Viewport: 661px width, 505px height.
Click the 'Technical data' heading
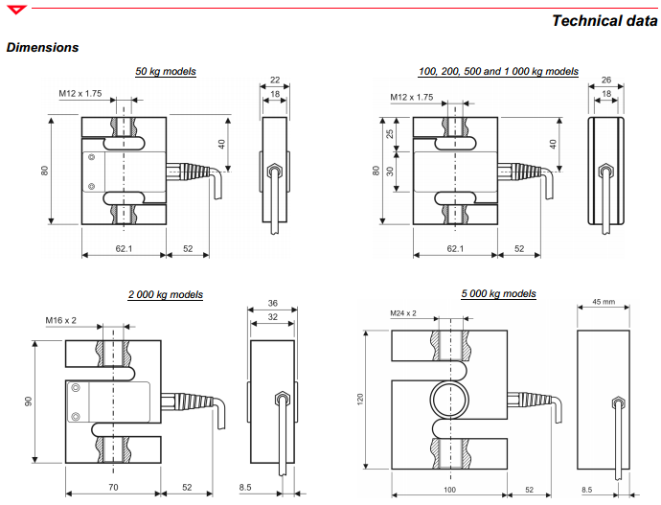pos(604,21)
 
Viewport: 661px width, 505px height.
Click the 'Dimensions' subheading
pos(42,47)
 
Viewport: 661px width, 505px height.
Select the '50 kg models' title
pos(166,71)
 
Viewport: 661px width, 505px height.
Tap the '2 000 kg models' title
pos(165,294)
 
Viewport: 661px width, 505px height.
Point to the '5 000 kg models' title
pos(498,293)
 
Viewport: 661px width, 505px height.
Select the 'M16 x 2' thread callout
pos(64,320)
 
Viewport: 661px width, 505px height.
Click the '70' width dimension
pos(113,488)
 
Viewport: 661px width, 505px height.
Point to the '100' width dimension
pos(449,489)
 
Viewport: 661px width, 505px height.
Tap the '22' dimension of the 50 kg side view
pos(275,80)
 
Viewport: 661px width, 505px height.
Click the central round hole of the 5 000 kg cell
pos(449,398)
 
